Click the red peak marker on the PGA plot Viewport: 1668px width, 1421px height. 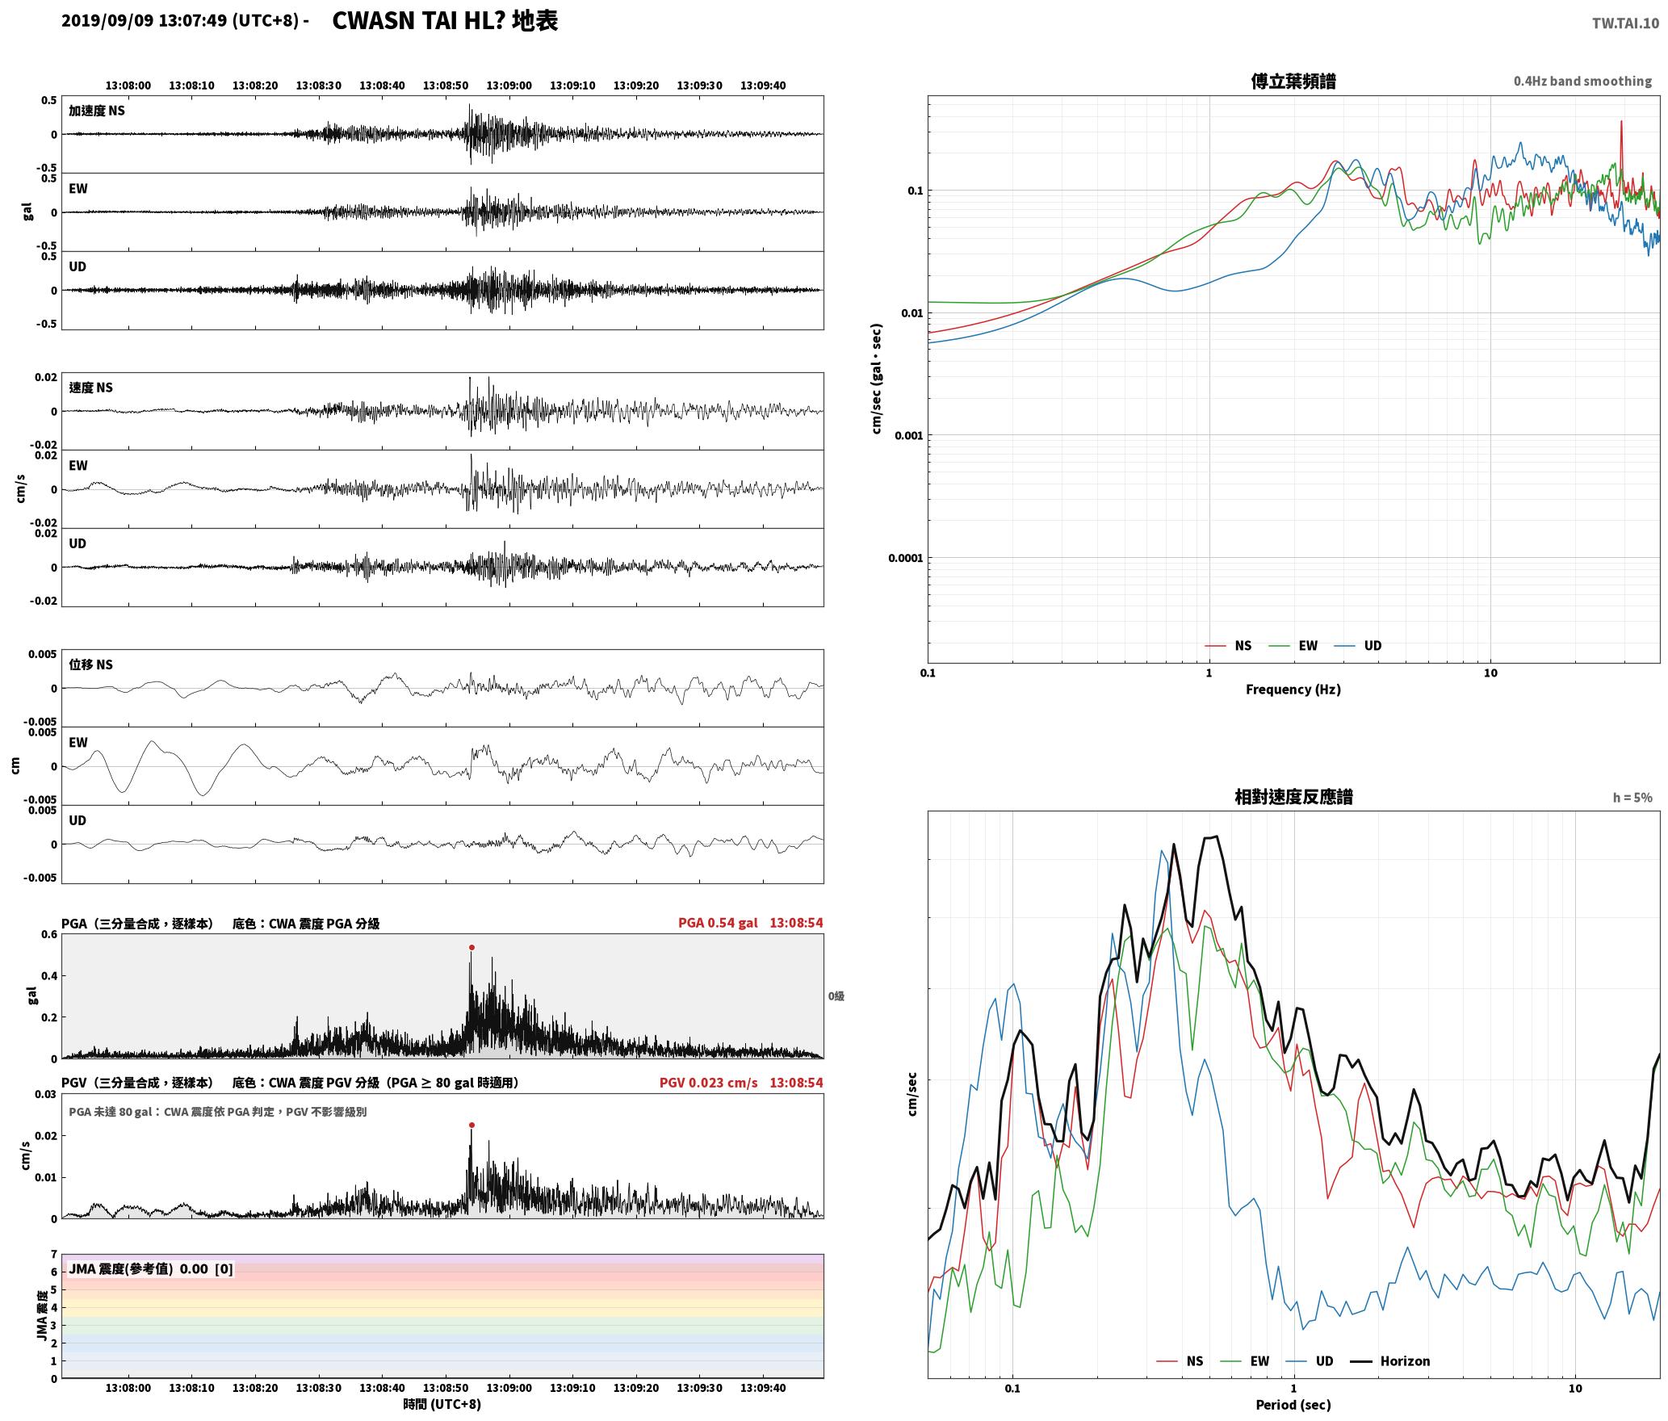(471, 947)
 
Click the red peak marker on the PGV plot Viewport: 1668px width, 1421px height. (471, 1125)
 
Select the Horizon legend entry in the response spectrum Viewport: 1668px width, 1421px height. (1390, 1361)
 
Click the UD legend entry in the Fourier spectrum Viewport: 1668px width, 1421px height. (1358, 646)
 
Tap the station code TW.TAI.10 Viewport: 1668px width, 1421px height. (1625, 23)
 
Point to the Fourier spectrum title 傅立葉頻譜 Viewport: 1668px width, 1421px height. (1293, 82)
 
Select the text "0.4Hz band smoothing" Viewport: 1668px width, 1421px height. (1582, 82)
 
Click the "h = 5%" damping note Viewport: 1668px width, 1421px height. (1632, 798)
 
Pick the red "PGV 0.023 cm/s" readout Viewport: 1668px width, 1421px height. (708, 1083)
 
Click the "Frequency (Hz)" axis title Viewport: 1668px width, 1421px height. (1293, 690)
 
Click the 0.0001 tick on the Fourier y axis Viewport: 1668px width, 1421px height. (904, 558)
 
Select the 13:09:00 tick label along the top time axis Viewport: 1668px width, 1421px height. (509, 86)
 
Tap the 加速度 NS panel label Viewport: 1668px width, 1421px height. (97, 111)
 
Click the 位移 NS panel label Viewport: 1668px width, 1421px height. (90, 664)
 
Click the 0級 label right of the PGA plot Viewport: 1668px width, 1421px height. (836, 996)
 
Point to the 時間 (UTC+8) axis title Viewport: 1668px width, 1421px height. (442, 1404)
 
